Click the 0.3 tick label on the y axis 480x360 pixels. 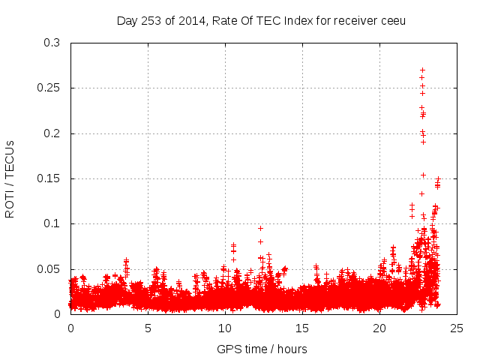pos(52,43)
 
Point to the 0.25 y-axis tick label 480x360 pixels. pos(49,88)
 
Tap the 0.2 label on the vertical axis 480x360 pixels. pos(52,133)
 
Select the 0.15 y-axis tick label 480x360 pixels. pos(49,178)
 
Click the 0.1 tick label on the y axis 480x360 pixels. pos(52,223)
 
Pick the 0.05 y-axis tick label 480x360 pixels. pos(49,268)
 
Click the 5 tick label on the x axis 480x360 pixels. pos(148,328)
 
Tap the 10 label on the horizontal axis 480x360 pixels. pos(225,328)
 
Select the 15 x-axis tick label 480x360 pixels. pos(302,328)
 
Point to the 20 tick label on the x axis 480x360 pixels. pos(379,328)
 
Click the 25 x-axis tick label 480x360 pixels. pos(457,328)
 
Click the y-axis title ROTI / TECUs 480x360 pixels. pos(10,178)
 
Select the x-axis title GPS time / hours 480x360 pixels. pos(262,349)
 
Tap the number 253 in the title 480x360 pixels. pos(151,20)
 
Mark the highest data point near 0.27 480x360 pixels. pos(422,70)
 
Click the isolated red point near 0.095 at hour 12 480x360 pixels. pos(260,228)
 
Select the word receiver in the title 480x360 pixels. pos(355,20)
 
